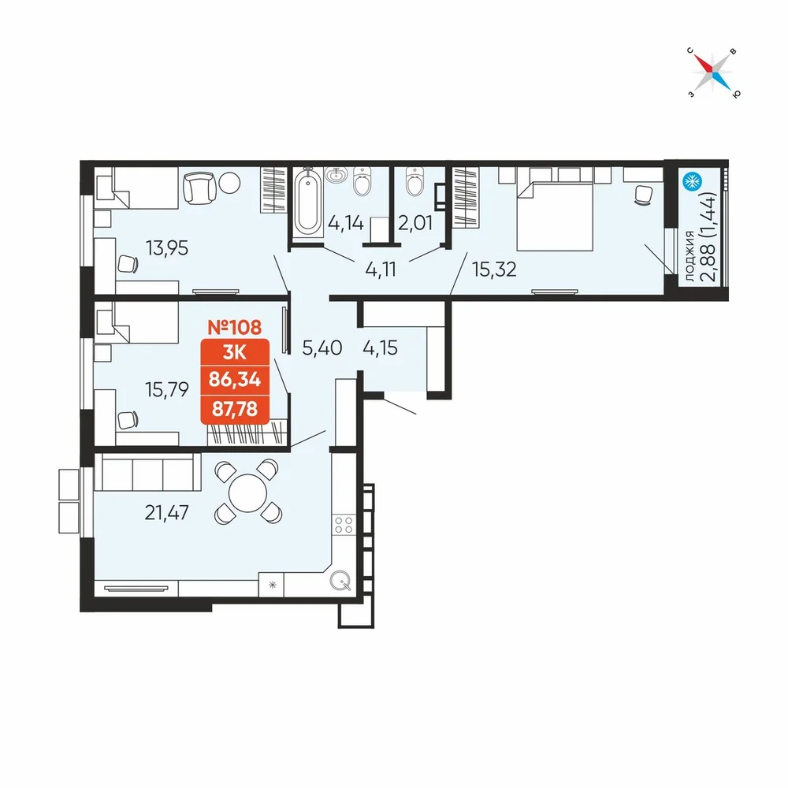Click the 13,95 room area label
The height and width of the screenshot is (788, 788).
click(x=167, y=248)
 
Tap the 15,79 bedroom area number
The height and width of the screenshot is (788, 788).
click(x=167, y=389)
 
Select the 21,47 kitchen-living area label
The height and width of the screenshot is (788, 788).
click(x=167, y=513)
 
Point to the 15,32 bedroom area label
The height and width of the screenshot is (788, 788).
click(x=494, y=269)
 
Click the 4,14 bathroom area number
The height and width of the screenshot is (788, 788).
click(x=346, y=223)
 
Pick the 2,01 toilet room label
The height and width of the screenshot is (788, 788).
click(x=415, y=223)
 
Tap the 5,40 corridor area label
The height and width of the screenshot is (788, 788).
click(x=322, y=348)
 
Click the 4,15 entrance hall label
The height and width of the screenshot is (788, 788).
click(x=380, y=348)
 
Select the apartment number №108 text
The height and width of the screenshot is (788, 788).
click(x=235, y=327)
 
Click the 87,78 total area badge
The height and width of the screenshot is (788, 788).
click(x=235, y=409)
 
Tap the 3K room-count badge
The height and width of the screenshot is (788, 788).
click(x=235, y=352)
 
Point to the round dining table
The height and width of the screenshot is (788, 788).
click(x=247, y=493)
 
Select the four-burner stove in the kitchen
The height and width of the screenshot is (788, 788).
click(x=344, y=525)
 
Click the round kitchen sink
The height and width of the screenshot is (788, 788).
click(x=340, y=581)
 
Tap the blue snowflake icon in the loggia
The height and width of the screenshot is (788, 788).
click(x=692, y=181)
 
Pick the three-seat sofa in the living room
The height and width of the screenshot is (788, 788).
click(x=148, y=471)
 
